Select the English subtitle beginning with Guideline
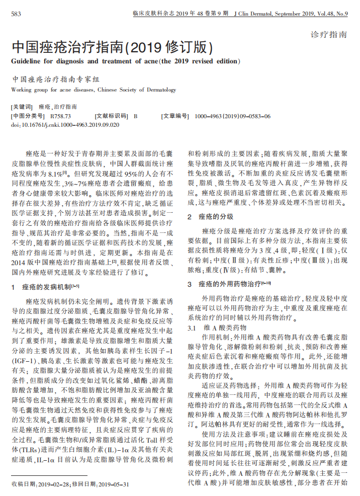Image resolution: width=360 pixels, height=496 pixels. tap(125, 61)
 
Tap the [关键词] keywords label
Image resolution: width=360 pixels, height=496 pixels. tap(22, 107)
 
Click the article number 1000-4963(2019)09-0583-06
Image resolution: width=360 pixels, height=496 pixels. tap(232, 116)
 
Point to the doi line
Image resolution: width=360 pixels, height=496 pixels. tap(65, 124)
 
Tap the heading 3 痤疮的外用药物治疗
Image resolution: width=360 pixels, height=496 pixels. tap(229, 284)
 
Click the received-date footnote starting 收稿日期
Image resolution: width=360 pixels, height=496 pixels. tap(70, 484)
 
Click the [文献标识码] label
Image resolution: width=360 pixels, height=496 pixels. tap(111, 116)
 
